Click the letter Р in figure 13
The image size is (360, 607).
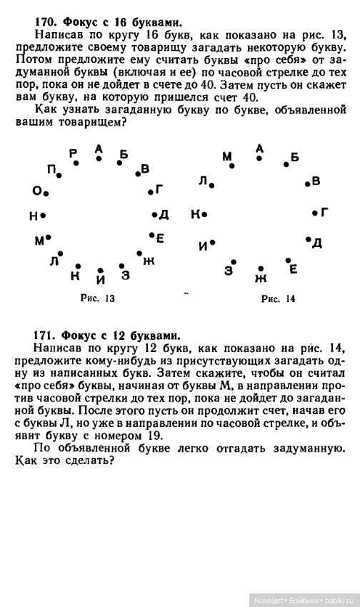(x=73, y=153)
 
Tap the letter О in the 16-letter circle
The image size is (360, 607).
(x=36, y=191)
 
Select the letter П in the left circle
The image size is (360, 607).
(x=51, y=169)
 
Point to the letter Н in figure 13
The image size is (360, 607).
(x=33, y=215)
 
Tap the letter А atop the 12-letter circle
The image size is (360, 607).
(x=259, y=148)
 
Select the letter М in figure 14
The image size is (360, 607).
(x=227, y=156)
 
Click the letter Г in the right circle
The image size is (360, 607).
(x=324, y=212)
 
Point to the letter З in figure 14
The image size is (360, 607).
(x=229, y=270)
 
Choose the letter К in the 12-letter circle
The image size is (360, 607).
(x=195, y=214)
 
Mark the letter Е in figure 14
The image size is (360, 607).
(x=293, y=269)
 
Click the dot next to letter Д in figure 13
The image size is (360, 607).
(x=154, y=214)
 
